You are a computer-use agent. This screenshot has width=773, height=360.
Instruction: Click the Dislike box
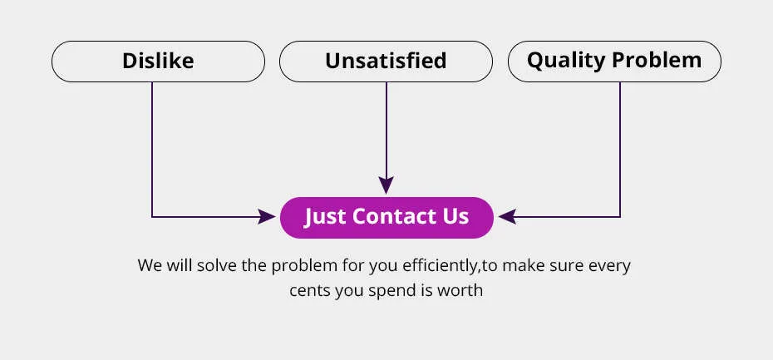(158, 62)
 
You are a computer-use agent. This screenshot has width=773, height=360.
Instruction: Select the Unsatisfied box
(386, 62)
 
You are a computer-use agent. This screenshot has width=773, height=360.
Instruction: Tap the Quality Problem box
(614, 62)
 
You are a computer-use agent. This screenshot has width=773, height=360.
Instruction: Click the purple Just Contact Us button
(386, 218)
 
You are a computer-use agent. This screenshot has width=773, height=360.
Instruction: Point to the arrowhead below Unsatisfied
(386, 185)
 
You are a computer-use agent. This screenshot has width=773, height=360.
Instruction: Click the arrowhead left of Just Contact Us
(266, 216)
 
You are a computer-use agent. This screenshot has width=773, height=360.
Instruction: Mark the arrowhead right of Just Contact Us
(507, 216)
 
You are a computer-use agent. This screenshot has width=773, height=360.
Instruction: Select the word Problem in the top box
(657, 60)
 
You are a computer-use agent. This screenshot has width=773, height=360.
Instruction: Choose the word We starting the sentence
(150, 265)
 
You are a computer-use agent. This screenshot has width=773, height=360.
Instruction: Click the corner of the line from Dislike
(152, 216)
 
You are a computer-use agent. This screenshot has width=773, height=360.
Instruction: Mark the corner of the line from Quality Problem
(620, 216)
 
